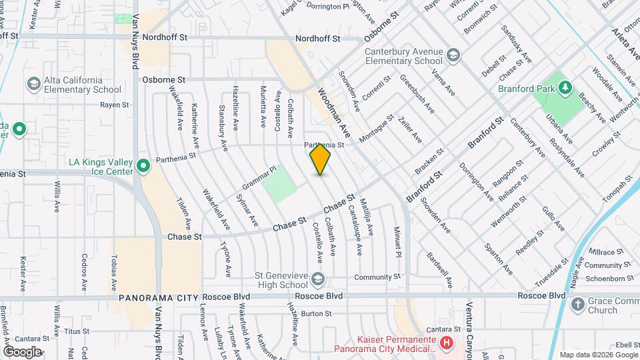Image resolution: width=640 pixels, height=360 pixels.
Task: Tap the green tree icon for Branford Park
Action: [565, 88]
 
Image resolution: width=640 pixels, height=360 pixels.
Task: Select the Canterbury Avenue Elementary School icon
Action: [454, 55]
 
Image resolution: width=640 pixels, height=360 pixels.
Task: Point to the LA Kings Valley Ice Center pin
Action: [142, 166]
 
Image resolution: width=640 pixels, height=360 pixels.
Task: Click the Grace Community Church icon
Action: [577, 305]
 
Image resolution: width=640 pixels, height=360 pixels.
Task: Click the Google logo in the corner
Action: [22, 351]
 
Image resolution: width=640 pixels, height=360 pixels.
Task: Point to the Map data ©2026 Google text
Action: [598, 355]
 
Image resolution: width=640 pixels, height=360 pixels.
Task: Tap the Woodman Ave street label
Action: [334, 111]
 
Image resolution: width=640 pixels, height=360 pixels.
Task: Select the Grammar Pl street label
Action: [259, 177]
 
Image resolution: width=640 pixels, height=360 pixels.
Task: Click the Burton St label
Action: [316, 313]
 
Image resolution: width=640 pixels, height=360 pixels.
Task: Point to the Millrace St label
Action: [605, 253]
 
